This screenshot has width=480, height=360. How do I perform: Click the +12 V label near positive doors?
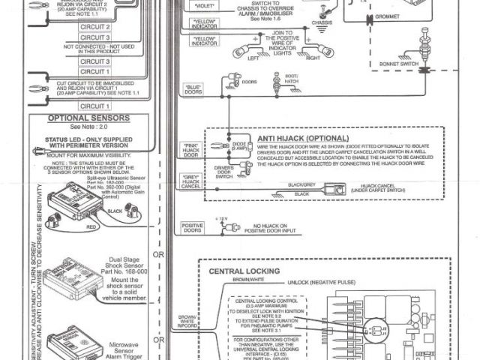[x=220, y=218]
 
